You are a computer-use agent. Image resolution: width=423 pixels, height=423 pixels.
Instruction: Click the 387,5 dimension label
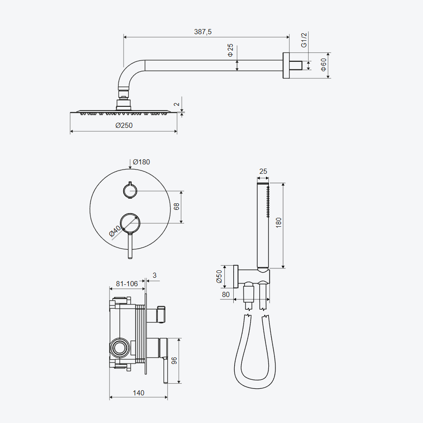coord(202,31)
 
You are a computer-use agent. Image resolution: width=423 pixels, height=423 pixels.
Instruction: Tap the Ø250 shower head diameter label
coord(124,125)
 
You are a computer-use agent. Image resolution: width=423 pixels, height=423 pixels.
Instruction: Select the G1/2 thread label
coord(304,40)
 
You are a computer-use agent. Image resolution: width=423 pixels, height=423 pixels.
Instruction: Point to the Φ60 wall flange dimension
coord(323,65)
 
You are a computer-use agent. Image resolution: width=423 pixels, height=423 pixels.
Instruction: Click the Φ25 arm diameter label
coord(230,50)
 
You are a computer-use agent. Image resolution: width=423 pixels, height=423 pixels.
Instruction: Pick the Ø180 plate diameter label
coord(141,162)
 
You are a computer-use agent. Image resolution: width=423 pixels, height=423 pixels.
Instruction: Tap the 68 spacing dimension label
coord(176,207)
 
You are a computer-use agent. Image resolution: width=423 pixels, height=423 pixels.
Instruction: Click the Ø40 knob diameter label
coord(115,231)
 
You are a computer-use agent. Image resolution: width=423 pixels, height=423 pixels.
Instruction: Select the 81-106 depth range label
coord(127,284)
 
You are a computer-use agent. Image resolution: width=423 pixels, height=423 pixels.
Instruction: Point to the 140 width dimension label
coord(138,393)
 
